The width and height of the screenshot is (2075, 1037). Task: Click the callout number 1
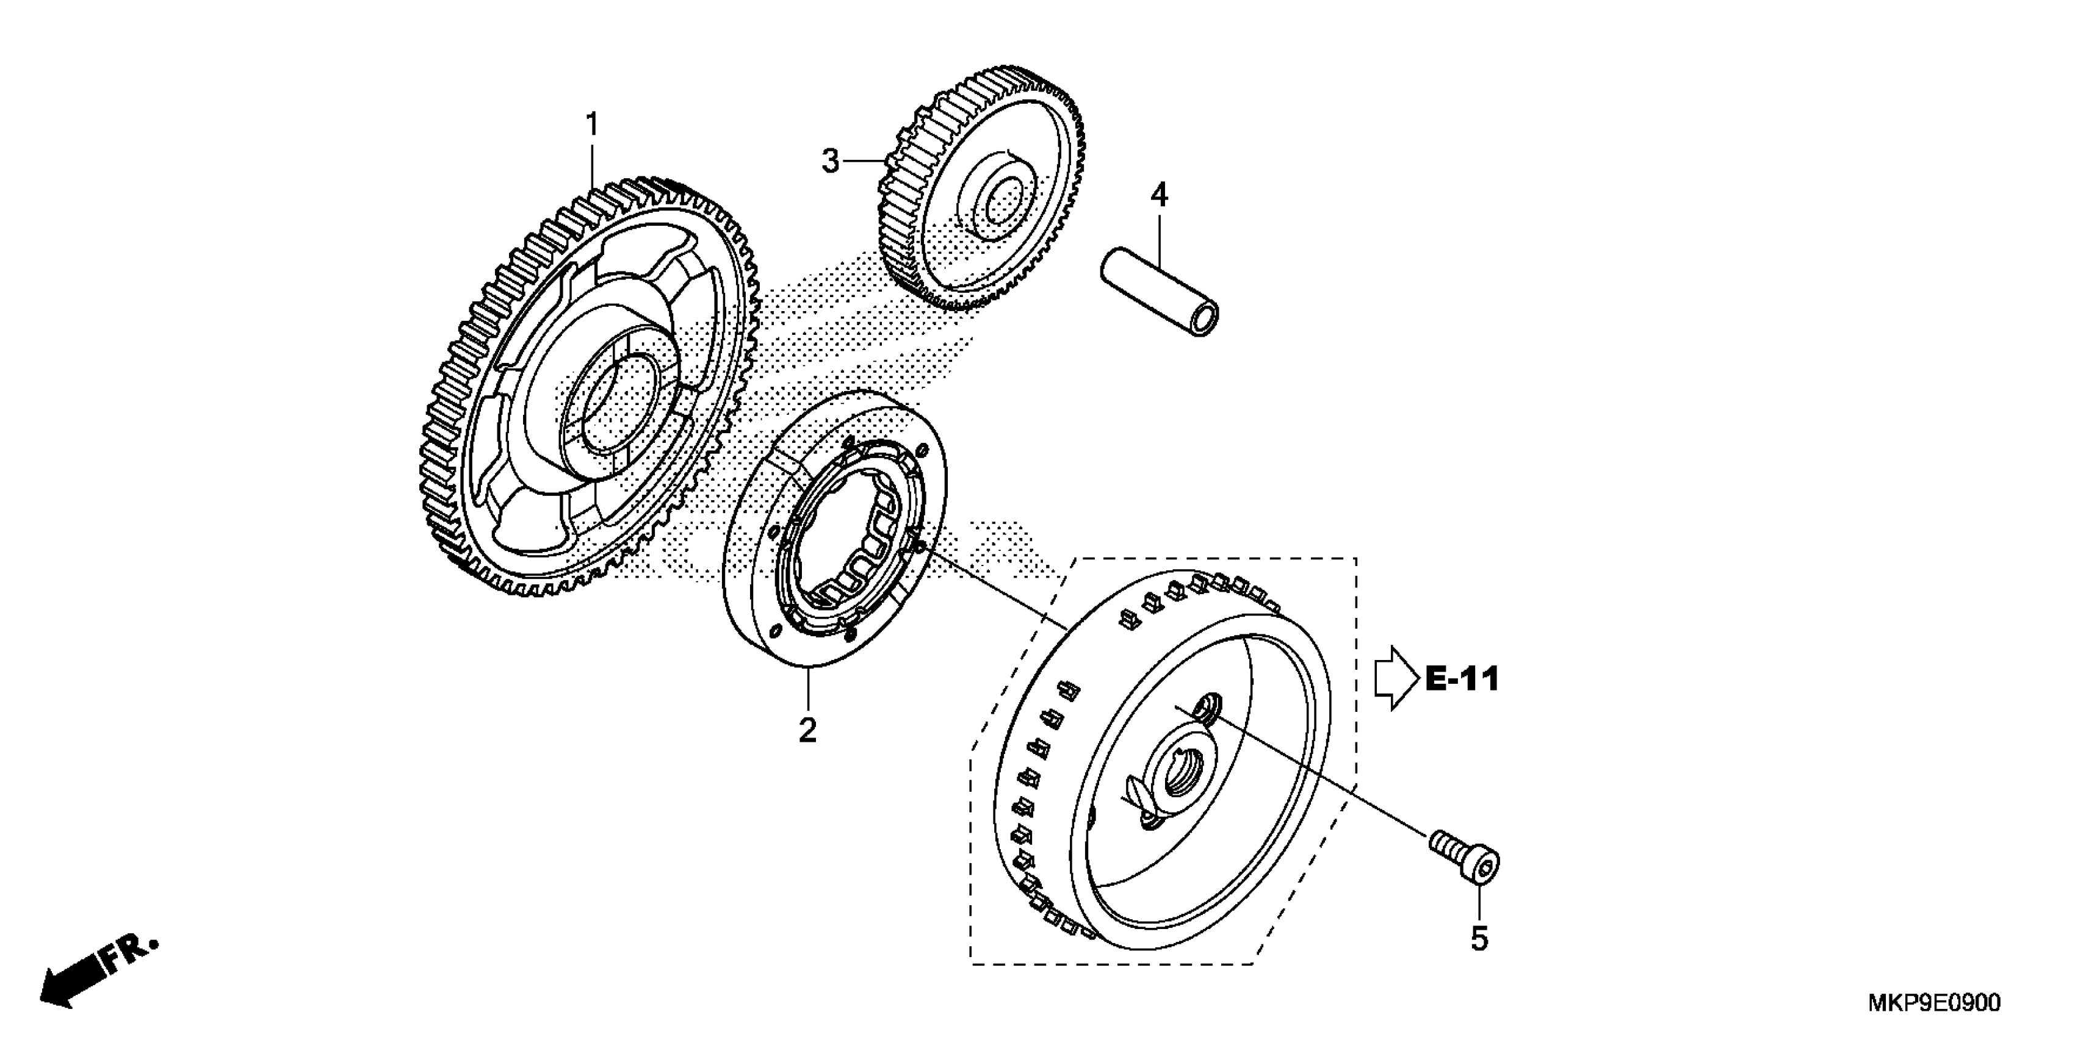coord(592,126)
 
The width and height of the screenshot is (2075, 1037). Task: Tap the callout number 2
coord(807,730)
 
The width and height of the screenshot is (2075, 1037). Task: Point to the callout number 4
coord(1158,195)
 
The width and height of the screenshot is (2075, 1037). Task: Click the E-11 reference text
coord(1462,679)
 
